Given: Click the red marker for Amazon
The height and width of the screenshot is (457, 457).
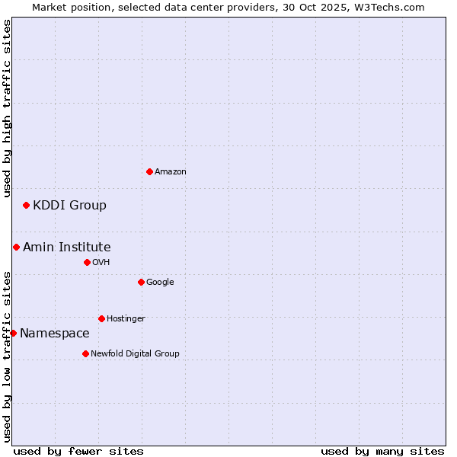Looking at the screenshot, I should point(149,171).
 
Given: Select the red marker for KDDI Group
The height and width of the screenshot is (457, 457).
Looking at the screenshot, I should point(26,205).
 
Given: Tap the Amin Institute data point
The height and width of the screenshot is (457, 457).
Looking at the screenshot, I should point(16,247).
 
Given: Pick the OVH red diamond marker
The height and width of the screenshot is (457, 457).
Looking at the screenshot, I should point(87,262).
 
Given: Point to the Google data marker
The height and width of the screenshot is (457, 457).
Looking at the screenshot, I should point(141,282).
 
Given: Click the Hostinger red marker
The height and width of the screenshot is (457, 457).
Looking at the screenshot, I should point(101,318).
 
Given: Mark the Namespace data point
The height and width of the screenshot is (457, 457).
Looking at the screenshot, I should point(13,333).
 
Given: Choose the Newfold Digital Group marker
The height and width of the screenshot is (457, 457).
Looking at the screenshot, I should point(85,353).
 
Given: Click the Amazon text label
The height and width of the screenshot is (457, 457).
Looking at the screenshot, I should point(171,172).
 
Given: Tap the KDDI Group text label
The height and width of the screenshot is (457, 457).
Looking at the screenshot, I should point(69,206).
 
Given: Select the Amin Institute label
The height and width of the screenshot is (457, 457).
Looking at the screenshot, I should point(66,248).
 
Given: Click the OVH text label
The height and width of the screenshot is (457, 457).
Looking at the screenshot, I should point(101,263).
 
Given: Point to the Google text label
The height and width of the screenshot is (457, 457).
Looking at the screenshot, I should point(160,283).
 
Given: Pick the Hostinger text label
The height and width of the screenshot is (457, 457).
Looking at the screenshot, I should point(126,319).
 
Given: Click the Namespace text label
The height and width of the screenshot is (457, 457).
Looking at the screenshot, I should point(54,334).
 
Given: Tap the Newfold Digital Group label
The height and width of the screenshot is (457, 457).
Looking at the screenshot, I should point(135,354).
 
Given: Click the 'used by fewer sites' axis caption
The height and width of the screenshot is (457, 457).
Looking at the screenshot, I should point(78,451).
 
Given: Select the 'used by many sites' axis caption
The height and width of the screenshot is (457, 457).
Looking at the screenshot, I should point(382,451).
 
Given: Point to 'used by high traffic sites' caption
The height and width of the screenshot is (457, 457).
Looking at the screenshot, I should point(7,109).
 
